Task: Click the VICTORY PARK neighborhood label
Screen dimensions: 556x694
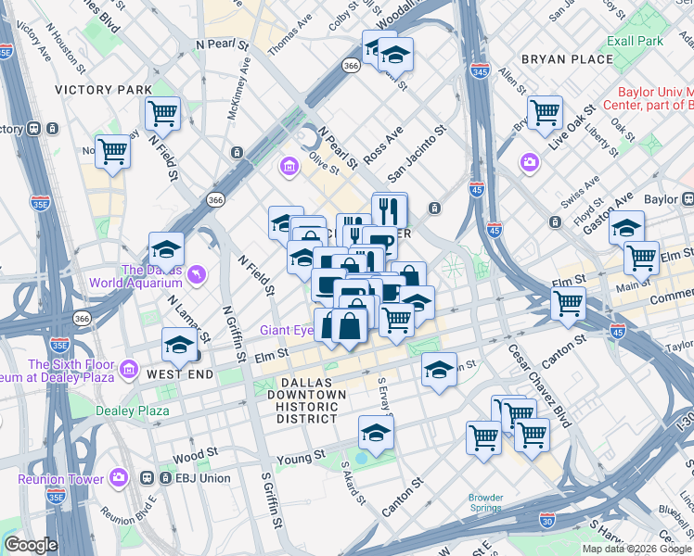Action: tap(103, 90)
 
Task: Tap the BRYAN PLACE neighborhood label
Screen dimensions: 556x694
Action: tap(567, 59)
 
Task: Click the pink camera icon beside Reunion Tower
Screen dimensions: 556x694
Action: tap(119, 478)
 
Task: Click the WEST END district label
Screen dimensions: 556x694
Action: tap(179, 374)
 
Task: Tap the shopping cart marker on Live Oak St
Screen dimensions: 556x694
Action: tap(545, 113)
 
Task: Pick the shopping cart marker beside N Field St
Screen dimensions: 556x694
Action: tap(162, 114)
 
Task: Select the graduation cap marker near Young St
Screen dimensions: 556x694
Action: tap(376, 432)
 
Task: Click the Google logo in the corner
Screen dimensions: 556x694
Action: tap(31, 545)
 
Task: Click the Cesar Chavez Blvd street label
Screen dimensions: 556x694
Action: tap(538, 386)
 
